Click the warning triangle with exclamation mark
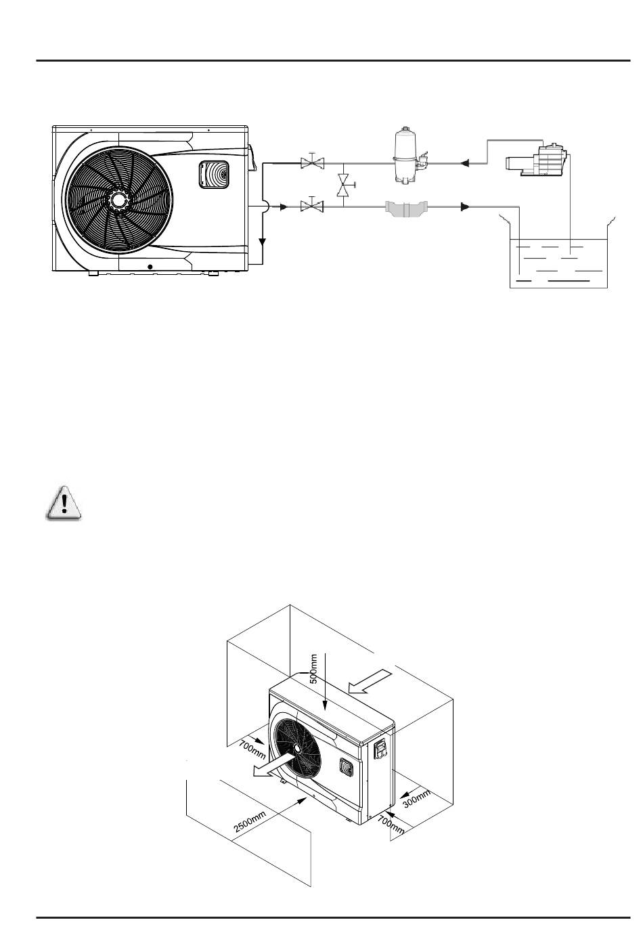coord(62,503)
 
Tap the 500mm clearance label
coord(314,669)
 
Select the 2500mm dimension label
coord(250,818)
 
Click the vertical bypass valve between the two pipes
coord(343,183)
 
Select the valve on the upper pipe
coord(313,163)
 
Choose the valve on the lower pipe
coord(313,204)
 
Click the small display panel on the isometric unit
coord(346,766)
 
